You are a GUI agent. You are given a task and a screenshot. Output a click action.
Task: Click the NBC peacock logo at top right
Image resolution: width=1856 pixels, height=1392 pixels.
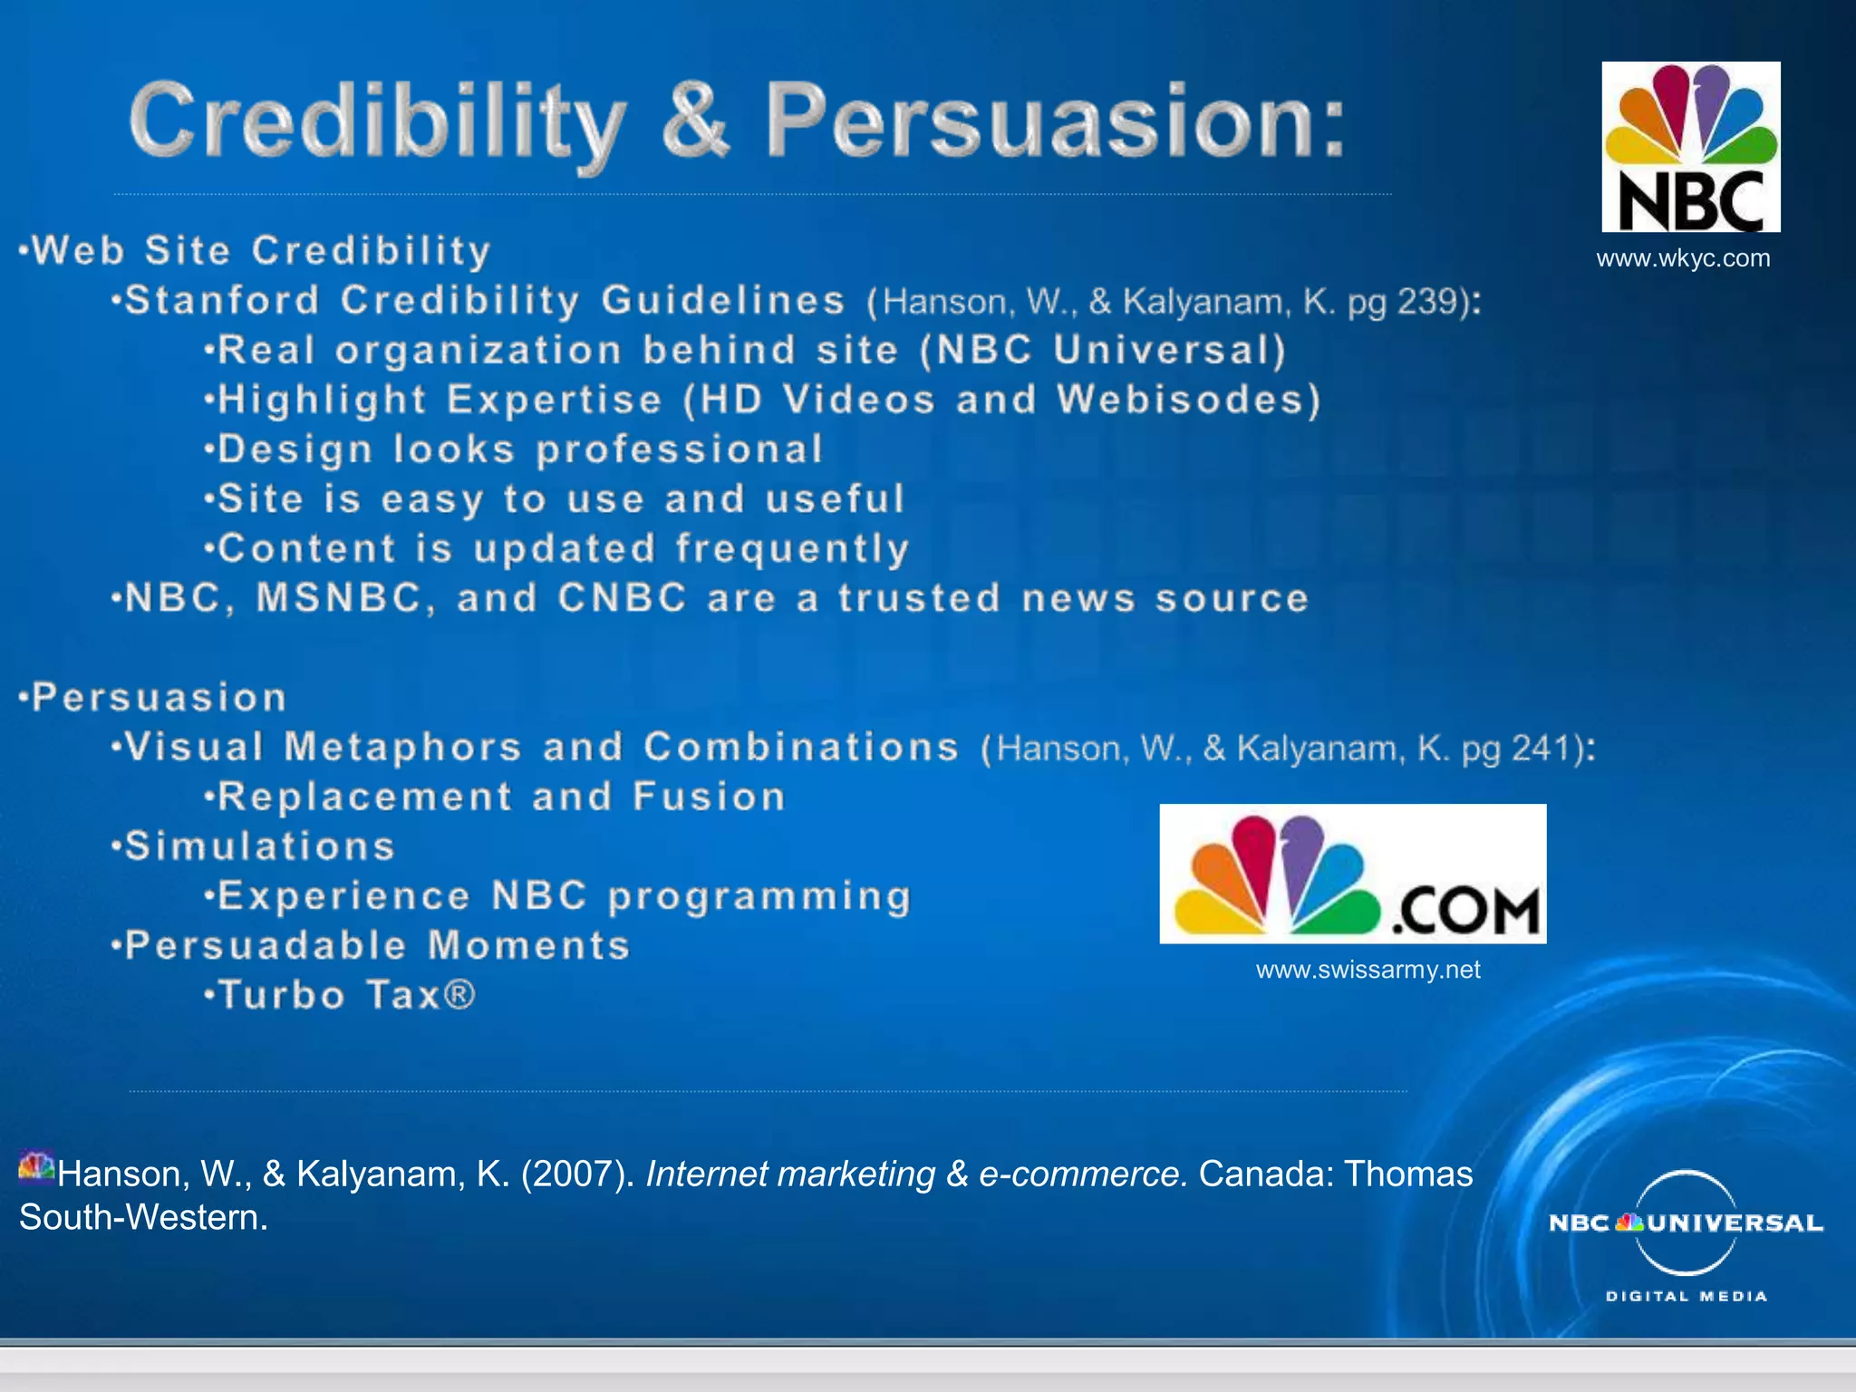coord(1690,146)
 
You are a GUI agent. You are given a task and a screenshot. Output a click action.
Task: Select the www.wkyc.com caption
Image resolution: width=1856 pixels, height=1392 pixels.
coord(1683,258)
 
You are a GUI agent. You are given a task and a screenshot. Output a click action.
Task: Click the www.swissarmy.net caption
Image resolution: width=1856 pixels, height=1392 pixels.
coord(1368,970)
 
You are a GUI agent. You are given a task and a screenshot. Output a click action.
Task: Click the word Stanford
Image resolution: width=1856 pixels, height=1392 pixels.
coord(223,301)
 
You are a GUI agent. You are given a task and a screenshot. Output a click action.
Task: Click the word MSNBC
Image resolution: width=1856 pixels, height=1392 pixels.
coord(339,598)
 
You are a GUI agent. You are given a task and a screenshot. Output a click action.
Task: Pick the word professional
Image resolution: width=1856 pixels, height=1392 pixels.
coord(680,449)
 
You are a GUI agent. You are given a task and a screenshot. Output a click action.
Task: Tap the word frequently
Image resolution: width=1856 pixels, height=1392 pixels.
coord(792,549)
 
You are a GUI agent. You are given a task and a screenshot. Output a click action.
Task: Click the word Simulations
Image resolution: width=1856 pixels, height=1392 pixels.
coord(260,846)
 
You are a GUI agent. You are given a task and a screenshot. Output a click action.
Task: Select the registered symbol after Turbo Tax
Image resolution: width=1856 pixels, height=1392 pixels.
coord(459,995)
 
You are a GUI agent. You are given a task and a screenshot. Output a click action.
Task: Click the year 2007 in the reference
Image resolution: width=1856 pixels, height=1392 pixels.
coord(577,1174)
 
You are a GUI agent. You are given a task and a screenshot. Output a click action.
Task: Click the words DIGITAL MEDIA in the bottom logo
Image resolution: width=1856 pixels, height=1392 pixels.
coord(1686,1297)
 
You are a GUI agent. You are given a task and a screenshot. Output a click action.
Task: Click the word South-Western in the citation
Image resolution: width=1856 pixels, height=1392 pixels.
coord(142,1218)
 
